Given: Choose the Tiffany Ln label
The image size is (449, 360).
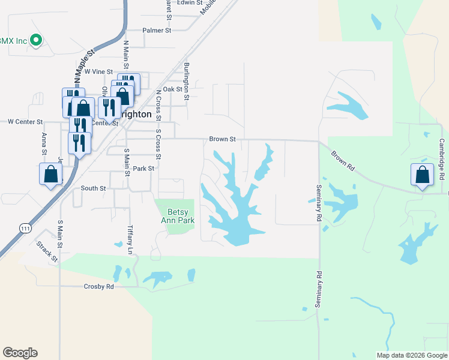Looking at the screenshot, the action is point(131,239).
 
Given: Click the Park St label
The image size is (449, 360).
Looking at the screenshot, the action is point(144,169).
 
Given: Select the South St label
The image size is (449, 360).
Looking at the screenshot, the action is point(93,188).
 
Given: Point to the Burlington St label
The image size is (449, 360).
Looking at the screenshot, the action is point(187,80).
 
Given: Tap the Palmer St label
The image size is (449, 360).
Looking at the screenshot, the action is point(157,30).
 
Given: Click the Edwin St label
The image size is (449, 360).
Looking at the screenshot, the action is point(189,3).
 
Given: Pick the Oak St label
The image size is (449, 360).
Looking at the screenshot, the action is point(172,89).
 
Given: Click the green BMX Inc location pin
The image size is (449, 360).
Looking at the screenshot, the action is point(36,40).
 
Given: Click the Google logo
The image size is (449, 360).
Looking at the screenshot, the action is point(20,353).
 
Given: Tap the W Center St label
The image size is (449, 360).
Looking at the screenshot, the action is point(25,121).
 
